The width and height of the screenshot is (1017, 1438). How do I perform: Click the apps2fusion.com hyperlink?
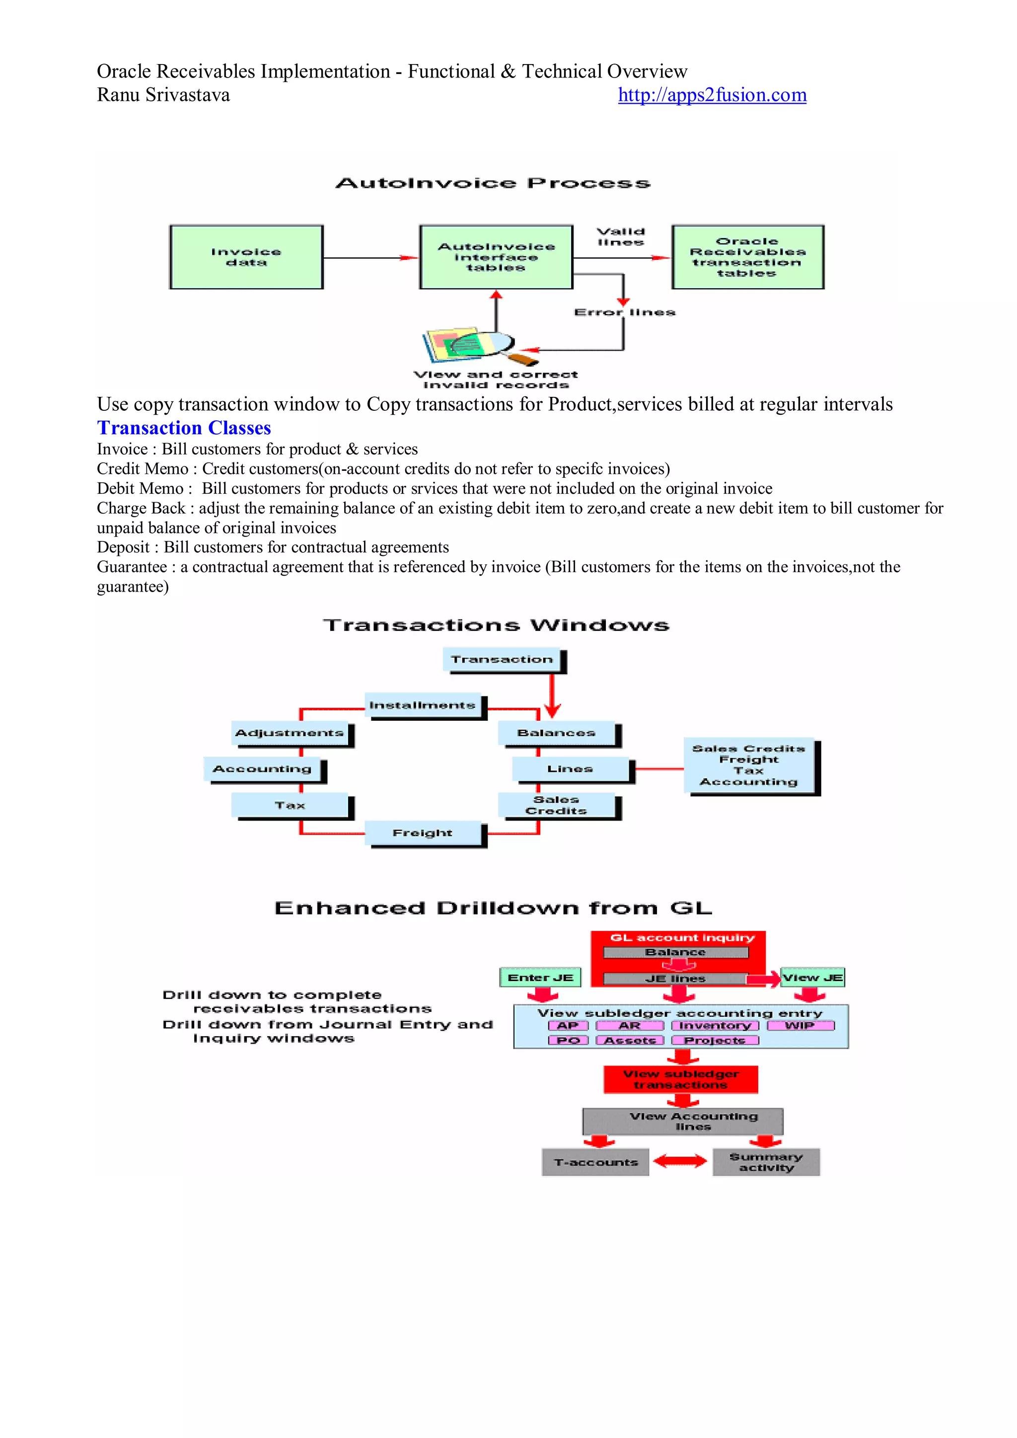tap(712, 95)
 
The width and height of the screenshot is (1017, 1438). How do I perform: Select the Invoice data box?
tap(246, 257)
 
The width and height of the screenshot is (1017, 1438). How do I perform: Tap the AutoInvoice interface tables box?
tap(496, 257)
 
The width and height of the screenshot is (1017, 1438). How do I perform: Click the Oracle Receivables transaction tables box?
tap(748, 257)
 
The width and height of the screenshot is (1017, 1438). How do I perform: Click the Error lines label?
tap(624, 312)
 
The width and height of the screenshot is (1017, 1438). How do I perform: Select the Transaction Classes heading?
tap(183, 428)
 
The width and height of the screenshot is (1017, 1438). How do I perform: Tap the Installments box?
tap(423, 705)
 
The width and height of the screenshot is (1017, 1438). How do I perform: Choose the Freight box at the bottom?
tap(423, 833)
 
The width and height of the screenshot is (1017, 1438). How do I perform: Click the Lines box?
tap(571, 768)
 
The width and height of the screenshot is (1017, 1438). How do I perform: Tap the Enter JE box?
tap(540, 977)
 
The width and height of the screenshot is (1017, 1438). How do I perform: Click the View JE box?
tap(812, 977)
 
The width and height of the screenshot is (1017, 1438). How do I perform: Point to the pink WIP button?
tap(800, 1025)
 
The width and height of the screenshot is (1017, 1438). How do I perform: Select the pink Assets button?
tap(629, 1040)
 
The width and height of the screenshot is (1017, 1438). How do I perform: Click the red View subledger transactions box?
tap(681, 1079)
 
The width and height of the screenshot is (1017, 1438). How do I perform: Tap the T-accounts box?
tap(595, 1162)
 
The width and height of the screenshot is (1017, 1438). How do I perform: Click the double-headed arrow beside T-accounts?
tap(680, 1162)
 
